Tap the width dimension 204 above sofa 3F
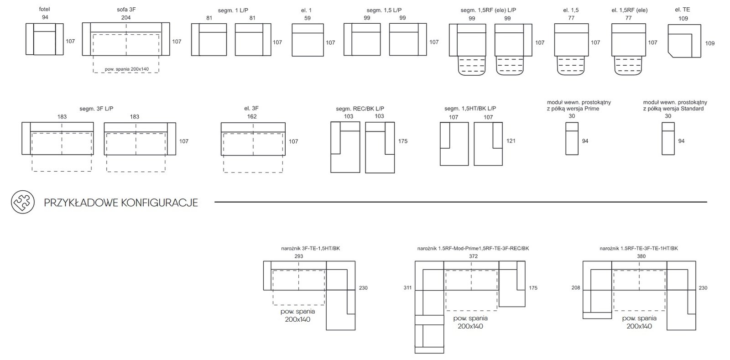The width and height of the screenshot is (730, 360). [x=126, y=18]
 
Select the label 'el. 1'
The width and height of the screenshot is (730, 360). [x=306, y=10]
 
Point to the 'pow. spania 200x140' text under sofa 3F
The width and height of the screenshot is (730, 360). [x=127, y=69]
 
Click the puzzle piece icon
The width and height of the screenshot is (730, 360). [x=23, y=202]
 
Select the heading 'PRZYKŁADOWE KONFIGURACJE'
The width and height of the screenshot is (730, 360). [x=121, y=203]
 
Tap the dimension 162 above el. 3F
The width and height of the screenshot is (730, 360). [x=252, y=116]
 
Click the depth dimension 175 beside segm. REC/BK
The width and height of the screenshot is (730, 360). [x=403, y=141]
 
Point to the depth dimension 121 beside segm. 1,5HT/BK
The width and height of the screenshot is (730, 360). [x=511, y=141]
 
